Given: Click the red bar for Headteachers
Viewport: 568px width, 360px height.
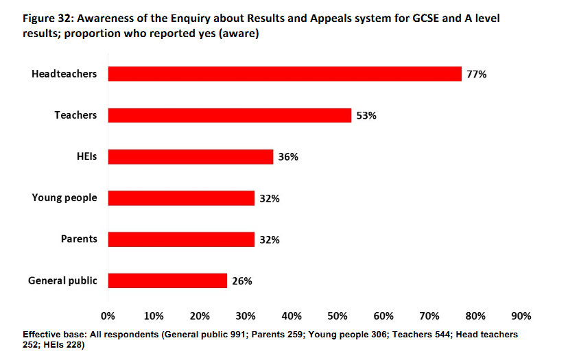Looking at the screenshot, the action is (285, 74).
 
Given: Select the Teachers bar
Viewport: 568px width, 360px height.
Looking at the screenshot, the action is (230, 115).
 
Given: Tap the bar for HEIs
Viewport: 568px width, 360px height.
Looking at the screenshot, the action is (191, 157).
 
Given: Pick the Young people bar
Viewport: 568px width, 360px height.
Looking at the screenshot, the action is (181, 198).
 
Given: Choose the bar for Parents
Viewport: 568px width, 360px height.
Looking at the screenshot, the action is (181, 239).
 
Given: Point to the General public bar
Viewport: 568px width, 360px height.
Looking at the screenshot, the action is (167, 280).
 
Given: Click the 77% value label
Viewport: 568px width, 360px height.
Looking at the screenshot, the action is (476, 74).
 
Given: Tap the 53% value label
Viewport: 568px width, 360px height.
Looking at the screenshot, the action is (366, 115).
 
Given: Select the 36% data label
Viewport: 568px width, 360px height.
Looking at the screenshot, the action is (288, 157).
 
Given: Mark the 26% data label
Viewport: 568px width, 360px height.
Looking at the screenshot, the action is (242, 281).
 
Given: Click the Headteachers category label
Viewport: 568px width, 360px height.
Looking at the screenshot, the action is (64, 74).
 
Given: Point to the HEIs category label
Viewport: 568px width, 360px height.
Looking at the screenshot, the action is (86, 156).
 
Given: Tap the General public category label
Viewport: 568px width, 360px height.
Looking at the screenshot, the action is (62, 280).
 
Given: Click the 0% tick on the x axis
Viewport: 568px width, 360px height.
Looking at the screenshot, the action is (108, 316).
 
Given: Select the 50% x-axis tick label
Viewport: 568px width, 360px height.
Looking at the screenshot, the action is (338, 316).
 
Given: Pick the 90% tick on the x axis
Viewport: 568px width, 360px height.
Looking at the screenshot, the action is (521, 316).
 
